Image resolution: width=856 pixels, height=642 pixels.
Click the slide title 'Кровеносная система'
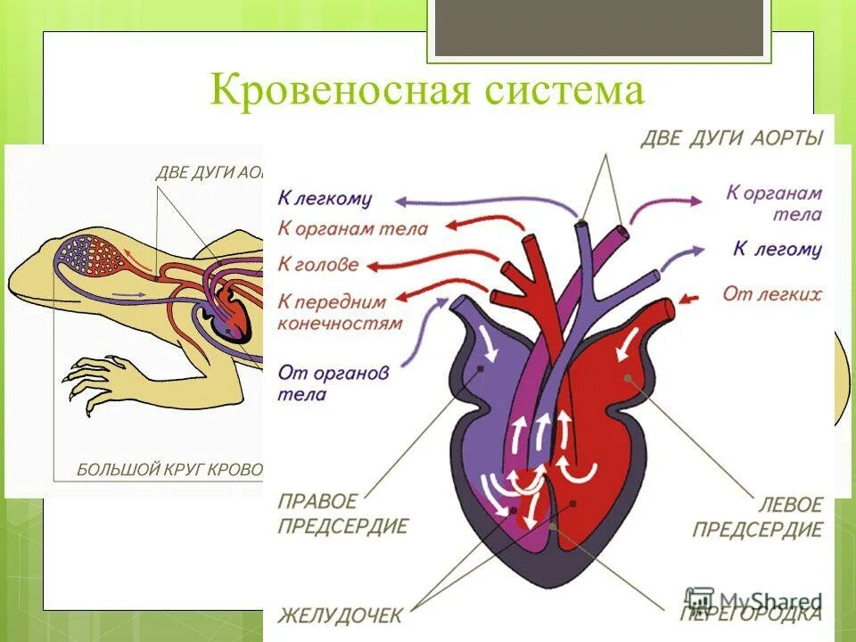427,91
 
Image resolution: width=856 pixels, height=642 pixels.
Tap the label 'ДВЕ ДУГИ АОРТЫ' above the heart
731,137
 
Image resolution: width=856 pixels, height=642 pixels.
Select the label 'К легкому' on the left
325,199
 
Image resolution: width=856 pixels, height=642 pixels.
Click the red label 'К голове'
318,264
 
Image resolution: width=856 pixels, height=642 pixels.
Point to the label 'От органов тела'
333,383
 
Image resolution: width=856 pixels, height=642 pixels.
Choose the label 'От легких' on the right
772,293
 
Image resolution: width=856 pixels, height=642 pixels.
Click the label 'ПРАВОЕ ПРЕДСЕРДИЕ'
342,513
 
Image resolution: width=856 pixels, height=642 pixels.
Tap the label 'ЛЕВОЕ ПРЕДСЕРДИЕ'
758,517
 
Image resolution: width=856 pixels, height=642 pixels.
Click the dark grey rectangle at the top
598,27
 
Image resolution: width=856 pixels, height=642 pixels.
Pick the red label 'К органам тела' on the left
352,227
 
